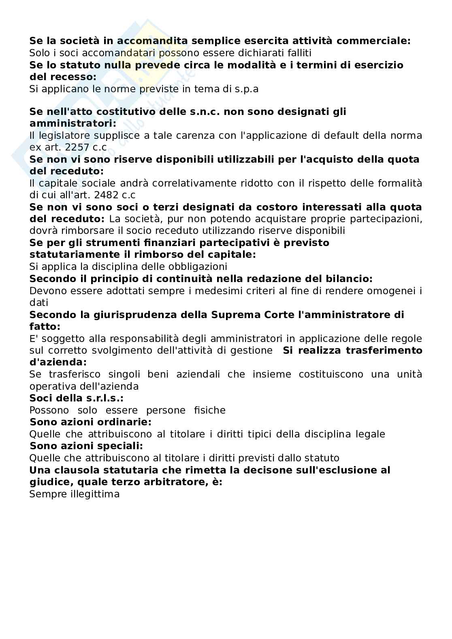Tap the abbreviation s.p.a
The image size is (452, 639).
point(246,89)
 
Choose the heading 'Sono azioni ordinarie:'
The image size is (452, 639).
point(90,422)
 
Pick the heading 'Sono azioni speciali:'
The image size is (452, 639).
point(86,446)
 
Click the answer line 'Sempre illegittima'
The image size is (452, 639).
point(75,494)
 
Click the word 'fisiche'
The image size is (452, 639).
point(209,410)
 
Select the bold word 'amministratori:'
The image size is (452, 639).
point(73,123)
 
